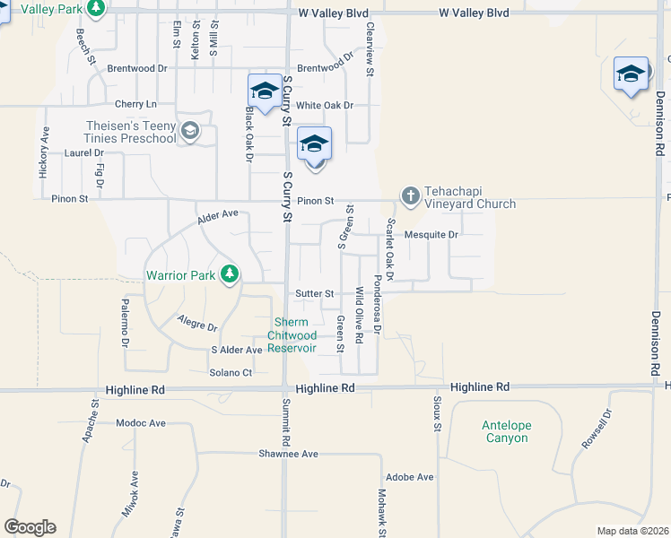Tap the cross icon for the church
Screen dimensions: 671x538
point(411,195)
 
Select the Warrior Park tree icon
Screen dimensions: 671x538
point(230,274)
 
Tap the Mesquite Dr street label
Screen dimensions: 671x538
point(431,235)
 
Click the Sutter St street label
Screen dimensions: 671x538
point(315,293)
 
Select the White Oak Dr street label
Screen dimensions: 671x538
point(325,105)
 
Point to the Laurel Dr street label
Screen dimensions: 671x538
point(59,153)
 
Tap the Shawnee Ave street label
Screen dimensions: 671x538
point(289,454)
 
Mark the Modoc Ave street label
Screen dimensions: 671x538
point(141,422)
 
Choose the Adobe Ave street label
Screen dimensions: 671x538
point(409,477)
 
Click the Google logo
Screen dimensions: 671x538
point(30,527)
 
